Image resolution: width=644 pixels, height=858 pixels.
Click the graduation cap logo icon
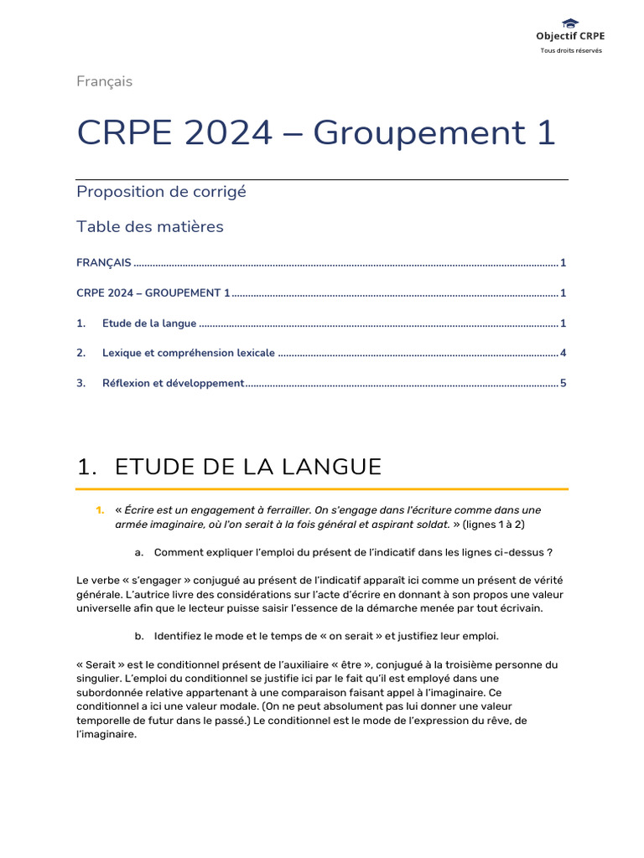pyautogui.click(x=570, y=23)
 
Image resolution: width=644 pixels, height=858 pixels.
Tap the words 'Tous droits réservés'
pyautogui.click(x=570, y=50)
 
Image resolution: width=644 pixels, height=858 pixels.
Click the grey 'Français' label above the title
pyautogui.click(x=104, y=81)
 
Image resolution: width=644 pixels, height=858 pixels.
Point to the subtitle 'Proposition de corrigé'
pyautogui.click(x=161, y=191)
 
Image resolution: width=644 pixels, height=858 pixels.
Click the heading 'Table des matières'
pyautogui.click(x=150, y=226)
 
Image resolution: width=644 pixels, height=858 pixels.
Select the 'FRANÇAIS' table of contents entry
pyautogui.click(x=103, y=263)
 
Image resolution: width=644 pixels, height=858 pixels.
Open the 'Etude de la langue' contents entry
pyautogui.click(x=149, y=323)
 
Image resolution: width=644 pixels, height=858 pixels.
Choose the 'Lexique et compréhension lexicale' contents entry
pyautogui.click(x=188, y=354)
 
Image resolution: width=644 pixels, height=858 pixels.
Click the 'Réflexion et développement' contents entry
pyautogui.click(x=173, y=384)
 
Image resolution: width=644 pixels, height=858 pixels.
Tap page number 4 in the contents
pyautogui.click(x=563, y=354)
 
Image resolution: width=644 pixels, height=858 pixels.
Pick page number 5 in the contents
pyautogui.click(x=563, y=384)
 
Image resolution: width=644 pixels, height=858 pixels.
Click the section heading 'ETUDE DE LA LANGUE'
pyautogui.click(x=247, y=467)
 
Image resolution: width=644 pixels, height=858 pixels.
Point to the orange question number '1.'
pyautogui.click(x=100, y=510)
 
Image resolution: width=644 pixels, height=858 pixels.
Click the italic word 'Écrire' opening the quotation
pyautogui.click(x=140, y=510)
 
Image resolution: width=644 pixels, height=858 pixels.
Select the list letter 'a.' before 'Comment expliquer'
pyautogui.click(x=139, y=552)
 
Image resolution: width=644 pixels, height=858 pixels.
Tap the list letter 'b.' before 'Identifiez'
pyautogui.click(x=139, y=636)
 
